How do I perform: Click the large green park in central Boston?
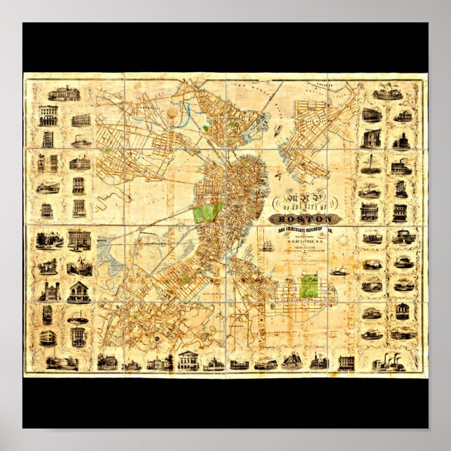(x=208, y=211)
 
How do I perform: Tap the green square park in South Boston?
(x=310, y=284)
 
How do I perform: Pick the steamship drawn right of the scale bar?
(x=340, y=271)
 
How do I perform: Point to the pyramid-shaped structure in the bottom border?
(x=293, y=361)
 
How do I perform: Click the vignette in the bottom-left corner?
(x=62, y=361)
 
